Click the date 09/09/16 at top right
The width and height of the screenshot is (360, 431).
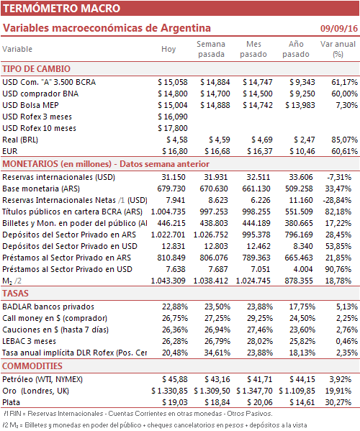coord(339,28)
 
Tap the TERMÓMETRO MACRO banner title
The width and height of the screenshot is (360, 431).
coord(62,8)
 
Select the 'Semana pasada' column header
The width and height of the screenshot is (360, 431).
coord(211,49)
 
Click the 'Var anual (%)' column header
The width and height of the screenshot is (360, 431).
coord(338,49)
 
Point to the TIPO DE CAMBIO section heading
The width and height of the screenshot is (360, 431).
coord(36,69)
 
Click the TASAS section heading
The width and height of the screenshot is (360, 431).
coord(15,294)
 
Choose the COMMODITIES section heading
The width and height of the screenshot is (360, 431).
coord(32,366)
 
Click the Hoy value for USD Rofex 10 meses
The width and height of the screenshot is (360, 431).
coord(173,128)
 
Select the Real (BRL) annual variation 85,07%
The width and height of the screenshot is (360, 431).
coord(345,140)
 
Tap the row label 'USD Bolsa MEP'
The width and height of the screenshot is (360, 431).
coord(30,105)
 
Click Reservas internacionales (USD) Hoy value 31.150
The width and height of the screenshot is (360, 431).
coord(174,177)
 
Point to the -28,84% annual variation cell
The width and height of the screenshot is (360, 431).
coord(337,200)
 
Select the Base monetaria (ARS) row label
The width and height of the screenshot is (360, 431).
coord(41,189)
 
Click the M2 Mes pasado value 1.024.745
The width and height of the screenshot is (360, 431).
coord(253,281)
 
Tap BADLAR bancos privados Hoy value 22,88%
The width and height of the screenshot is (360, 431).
coord(175,307)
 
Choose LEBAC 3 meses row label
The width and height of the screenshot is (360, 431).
coord(29,341)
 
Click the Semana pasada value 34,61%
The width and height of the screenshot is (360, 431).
coord(217,353)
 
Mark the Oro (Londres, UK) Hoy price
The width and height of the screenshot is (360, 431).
coord(169,391)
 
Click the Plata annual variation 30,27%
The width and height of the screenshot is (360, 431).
coord(338,402)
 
